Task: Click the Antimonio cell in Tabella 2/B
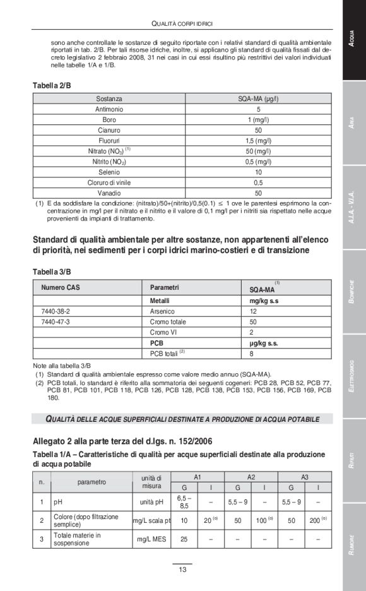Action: click(x=110, y=109)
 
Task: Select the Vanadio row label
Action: click(x=110, y=193)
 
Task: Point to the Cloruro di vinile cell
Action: click(x=110, y=182)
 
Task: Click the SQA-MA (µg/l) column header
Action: click(x=258, y=99)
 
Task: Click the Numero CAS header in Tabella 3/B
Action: click(x=61, y=287)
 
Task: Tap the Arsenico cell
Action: click(x=163, y=311)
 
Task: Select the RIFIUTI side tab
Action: click(x=354, y=459)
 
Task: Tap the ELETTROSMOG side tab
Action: click(x=354, y=376)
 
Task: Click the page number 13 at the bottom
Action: click(x=182, y=570)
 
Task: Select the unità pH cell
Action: click(x=151, y=503)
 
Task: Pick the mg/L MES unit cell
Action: click(x=151, y=539)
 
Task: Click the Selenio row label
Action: click(x=110, y=172)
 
